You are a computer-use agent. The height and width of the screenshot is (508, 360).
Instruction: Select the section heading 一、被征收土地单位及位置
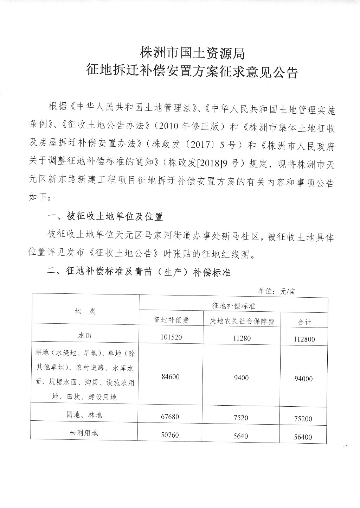[105, 216]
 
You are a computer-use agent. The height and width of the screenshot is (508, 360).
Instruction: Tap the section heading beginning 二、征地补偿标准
[139, 272]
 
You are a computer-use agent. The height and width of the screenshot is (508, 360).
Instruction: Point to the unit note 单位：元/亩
[277, 291]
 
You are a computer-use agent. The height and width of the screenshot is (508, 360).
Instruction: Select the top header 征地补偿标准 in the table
[233, 306]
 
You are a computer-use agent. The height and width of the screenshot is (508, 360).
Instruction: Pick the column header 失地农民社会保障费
[242, 321]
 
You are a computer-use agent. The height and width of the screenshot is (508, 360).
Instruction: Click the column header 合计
[304, 322]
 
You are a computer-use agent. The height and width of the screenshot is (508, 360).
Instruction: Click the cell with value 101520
[172, 337]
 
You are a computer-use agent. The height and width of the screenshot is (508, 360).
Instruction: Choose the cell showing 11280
[242, 338]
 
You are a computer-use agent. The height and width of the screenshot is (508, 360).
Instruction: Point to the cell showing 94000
[304, 379]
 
